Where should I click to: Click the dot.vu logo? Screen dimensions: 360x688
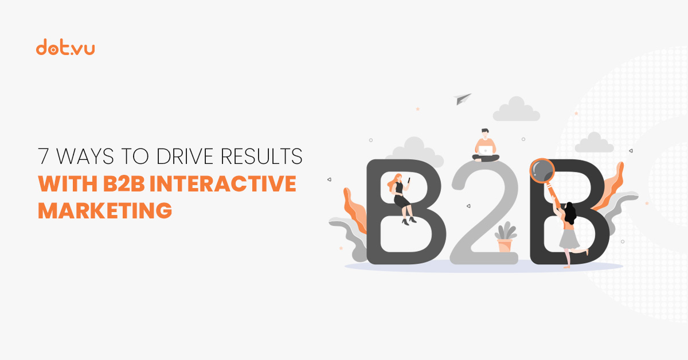click(65, 48)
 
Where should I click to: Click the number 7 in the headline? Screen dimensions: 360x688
click(44, 156)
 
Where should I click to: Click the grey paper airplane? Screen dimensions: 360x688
click(463, 99)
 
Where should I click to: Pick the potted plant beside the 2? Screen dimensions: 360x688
click(505, 238)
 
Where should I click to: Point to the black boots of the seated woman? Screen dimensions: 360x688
click(409, 220)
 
